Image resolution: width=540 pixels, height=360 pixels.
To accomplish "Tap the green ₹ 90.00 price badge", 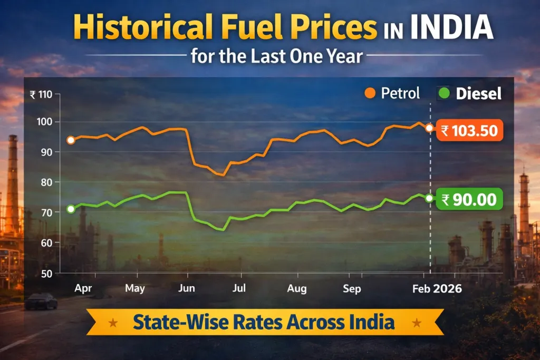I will pos(469,200).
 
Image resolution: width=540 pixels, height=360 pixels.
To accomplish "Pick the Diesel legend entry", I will pos(469,94).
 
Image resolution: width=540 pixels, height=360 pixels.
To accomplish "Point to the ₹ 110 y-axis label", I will pos(42,95).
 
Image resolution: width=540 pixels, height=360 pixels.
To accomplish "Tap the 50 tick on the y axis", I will pos(48,273).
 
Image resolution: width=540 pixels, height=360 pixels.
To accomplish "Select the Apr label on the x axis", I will pos(83,288).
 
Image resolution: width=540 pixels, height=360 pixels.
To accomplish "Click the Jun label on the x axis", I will pos(187,288).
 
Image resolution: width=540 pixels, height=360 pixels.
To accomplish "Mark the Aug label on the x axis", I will pos(297,288).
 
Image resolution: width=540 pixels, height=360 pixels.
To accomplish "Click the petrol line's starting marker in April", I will pos(71,140).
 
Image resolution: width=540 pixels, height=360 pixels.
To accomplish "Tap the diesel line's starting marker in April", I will pos(71,209).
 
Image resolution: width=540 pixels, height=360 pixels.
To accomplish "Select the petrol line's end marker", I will pos(429,128).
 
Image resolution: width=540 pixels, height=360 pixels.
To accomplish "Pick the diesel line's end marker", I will pos(429,198).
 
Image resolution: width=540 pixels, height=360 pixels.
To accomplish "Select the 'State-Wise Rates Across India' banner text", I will pos(264,322).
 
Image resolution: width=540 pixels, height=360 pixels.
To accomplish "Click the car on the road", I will pos(41,301).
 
